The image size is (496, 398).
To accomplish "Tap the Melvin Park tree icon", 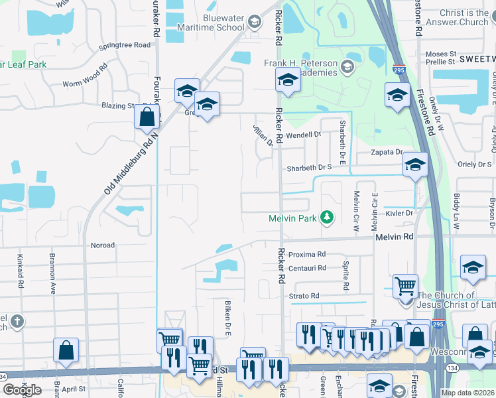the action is [326, 217].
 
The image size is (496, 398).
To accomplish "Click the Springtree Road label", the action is [124, 45].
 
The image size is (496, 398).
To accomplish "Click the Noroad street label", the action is [103, 245].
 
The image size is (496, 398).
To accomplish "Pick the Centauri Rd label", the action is [307, 268].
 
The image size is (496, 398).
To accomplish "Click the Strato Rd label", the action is [304, 296].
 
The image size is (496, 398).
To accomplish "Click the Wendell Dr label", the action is [303, 135].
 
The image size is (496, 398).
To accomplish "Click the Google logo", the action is [22, 389].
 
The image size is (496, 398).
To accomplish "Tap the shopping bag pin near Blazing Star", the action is [147, 116].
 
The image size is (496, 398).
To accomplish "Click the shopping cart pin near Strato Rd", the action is [405, 287].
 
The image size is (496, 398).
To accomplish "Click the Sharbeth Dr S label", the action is [309, 168].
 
